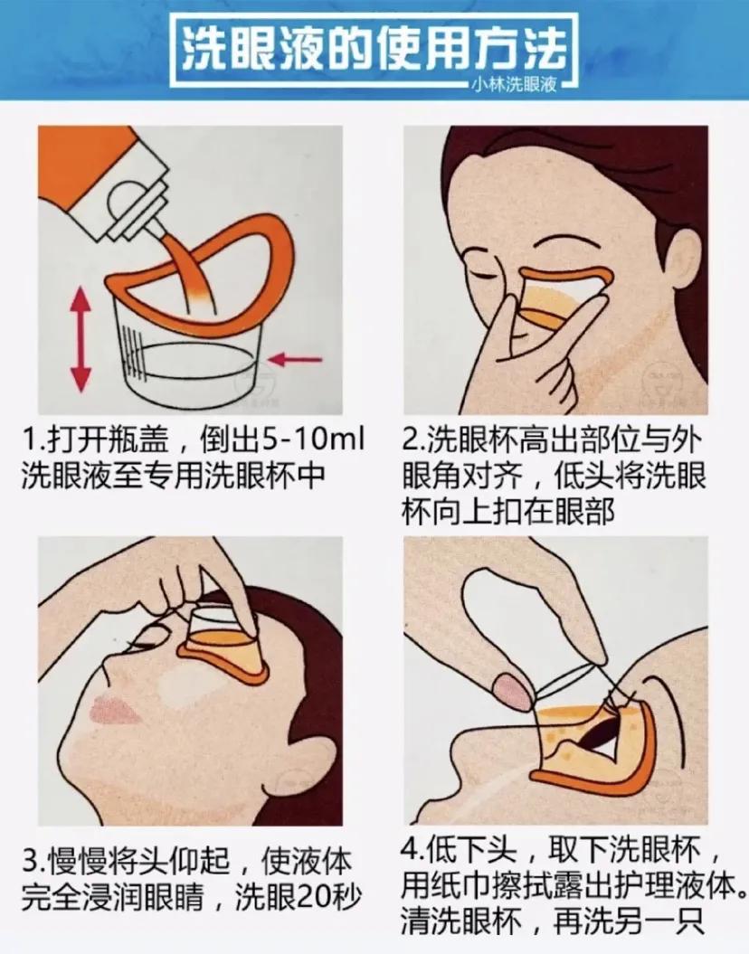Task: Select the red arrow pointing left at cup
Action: tap(297, 360)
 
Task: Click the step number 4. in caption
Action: tap(413, 853)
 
